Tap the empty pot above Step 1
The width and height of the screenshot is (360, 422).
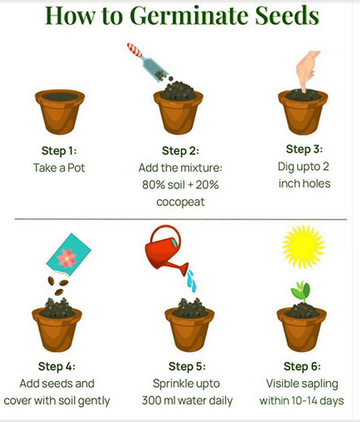click(x=60, y=112)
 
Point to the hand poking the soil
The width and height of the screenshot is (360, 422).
click(x=307, y=71)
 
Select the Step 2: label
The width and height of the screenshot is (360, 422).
click(x=180, y=151)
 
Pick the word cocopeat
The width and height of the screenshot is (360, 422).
click(x=180, y=202)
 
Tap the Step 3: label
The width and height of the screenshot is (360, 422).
click(x=304, y=149)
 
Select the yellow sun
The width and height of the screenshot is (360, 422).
click(x=304, y=246)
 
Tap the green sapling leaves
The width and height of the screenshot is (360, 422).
click(x=301, y=291)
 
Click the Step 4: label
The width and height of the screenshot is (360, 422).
click(x=57, y=366)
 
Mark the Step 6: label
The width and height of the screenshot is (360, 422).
click(x=302, y=366)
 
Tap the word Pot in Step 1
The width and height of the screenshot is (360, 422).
click(x=76, y=168)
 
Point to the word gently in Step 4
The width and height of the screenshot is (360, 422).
click(x=95, y=401)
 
